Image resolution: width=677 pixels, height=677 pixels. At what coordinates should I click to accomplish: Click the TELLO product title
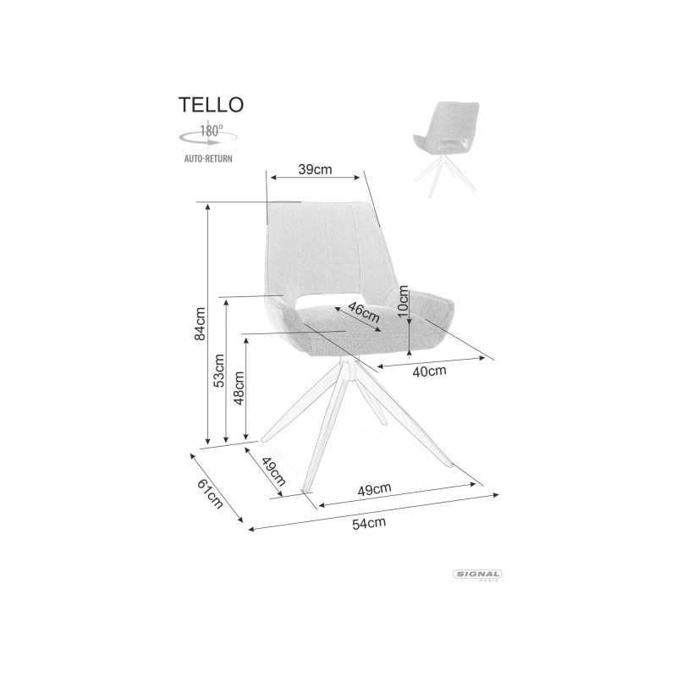click(211, 104)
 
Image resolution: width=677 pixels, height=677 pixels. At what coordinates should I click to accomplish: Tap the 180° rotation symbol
click(208, 135)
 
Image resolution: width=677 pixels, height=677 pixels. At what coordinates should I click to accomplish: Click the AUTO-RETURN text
click(208, 158)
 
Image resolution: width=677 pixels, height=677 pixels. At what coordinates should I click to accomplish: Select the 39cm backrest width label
click(315, 169)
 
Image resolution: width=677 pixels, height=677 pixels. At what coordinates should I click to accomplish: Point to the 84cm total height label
click(200, 324)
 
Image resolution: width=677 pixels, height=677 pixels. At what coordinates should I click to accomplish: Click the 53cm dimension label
click(219, 371)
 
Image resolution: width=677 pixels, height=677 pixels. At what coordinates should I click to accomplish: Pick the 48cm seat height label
click(239, 388)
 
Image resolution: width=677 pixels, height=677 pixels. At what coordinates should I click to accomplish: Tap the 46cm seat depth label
click(364, 312)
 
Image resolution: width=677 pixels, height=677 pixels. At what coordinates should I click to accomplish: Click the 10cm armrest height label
click(403, 301)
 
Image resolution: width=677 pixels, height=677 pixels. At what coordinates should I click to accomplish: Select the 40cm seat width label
click(429, 371)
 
